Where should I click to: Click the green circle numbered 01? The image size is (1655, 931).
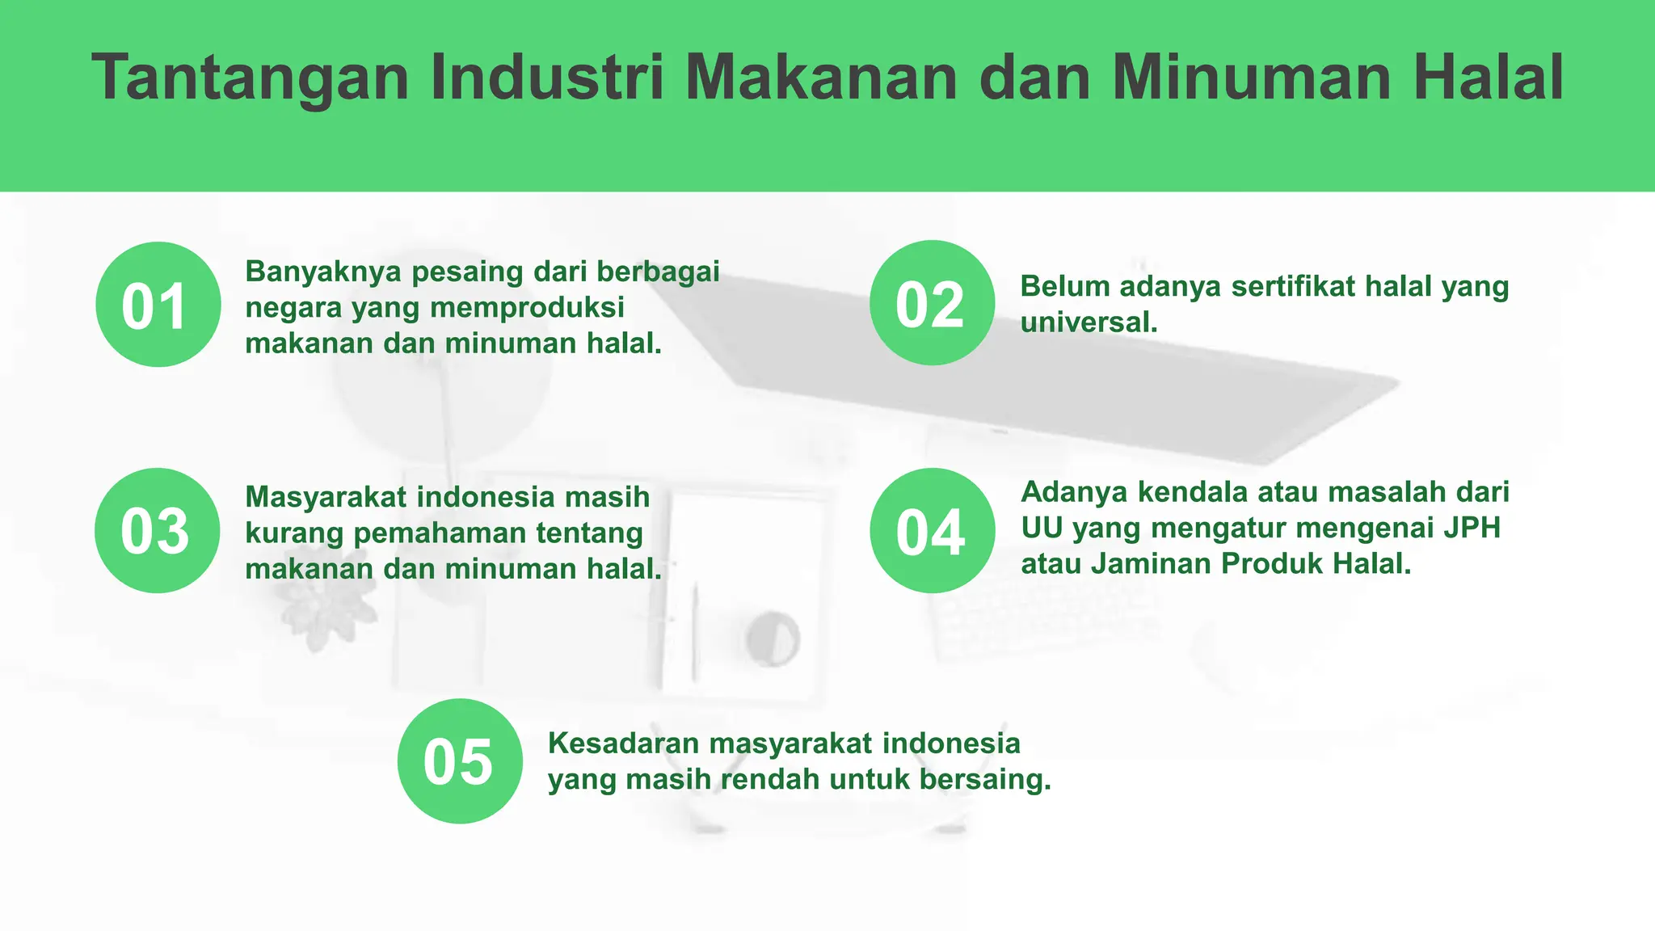pyautogui.click(x=158, y=305)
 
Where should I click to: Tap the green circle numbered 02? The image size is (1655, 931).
pyautogui.click(x=932, y=303)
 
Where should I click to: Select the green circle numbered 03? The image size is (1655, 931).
pyautogui.click(x=157, y=531)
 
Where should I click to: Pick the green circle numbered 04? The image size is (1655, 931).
pyautogui.click(x=932, y=531)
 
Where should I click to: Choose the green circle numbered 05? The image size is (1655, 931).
pyautogui.click(x=460, y=761)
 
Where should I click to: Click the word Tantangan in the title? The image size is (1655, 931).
pyautogui.click(x=251, y=78)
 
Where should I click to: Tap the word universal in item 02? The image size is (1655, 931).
pyautogui.click(x=1086, y=322)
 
